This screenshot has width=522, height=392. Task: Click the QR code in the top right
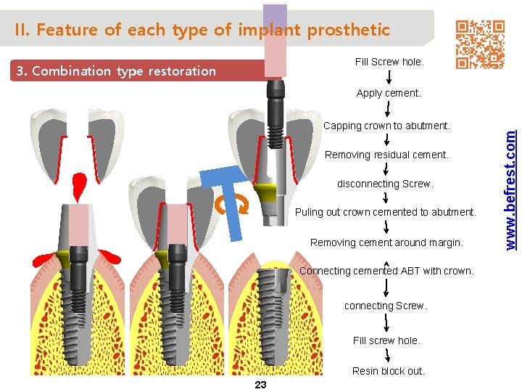480,44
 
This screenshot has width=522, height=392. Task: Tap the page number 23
261,385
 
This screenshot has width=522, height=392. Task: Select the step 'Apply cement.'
389,93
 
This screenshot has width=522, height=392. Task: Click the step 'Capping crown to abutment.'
386,126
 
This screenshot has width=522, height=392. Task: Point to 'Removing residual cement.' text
386,155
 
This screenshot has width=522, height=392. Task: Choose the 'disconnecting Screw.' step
385,184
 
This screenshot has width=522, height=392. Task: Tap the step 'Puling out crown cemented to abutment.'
386,213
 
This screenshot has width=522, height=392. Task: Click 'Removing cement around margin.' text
386,242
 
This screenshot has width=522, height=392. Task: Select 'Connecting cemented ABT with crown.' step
386,271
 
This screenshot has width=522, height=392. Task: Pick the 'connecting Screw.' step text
386,306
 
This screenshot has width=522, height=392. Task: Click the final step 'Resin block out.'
389,371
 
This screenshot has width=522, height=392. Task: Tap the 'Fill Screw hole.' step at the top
389,62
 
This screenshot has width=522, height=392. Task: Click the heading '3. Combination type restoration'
116,70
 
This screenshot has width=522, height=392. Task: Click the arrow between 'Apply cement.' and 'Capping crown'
389,109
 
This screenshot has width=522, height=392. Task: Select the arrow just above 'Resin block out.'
389,356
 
